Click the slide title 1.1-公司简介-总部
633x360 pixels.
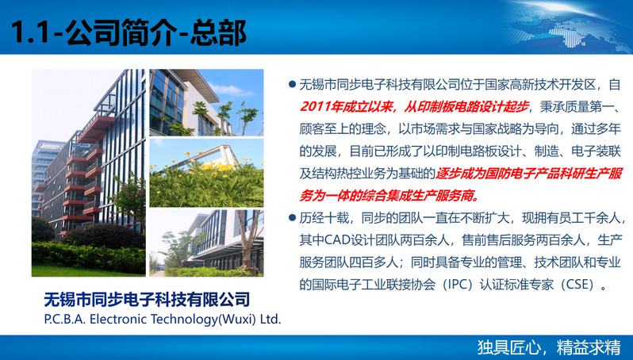(x=129, y=33)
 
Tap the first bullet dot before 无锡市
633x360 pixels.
(x=292, y=85)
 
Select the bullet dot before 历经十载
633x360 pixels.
(x=292, y=218)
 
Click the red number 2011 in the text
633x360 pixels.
(x=314, y=107)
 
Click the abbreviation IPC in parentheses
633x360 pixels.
(x=458, y=285)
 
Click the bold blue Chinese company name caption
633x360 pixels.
(x=147, y=300)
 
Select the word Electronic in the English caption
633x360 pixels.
(x=118, y=320)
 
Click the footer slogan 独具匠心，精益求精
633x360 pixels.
(x=549, y=347)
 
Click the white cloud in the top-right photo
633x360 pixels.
(x=229, y=90)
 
